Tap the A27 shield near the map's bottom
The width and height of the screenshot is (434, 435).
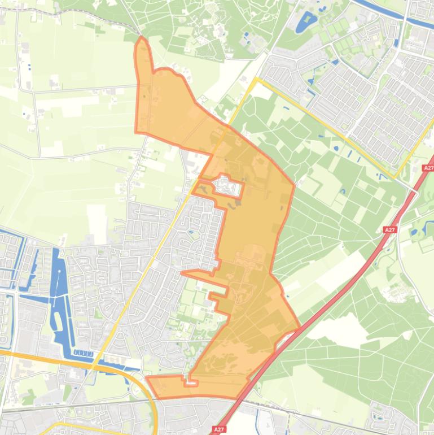(219, 429)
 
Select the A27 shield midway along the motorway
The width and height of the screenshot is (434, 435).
(389, 230)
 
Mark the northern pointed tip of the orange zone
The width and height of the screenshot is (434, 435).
(142, 38)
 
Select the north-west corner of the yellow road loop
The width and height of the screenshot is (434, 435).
(257, 79)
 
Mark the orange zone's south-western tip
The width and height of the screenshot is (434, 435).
(147, 377)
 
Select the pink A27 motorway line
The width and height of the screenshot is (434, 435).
(339, 294)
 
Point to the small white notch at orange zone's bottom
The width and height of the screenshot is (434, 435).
(192, 382)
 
